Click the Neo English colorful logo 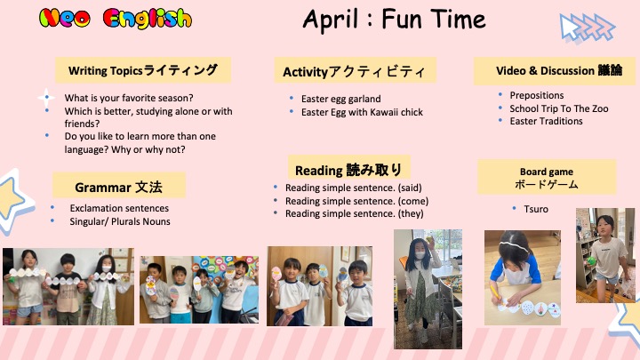tap(116, 19)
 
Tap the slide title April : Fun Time tap(395, 20)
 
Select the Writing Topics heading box tap(143, 70)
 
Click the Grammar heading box tap(119, 185)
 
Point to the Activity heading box tap(355, 70)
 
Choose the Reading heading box tap(349, 167)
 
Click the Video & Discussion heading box tap(555, 71)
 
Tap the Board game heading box tap(547, 177)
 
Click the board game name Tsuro tap(536, 209)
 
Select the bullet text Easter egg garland tap(340, 99)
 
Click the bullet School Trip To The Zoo tap(559, 108)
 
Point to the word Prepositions tap(537, 95)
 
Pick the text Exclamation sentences tap(119, 208)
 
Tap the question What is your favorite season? tap(129, 98)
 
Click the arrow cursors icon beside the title tap(587, 28)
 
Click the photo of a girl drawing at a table tap(523, 277)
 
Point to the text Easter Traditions tap(546, 121)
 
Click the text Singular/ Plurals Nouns tap(120, 221)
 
